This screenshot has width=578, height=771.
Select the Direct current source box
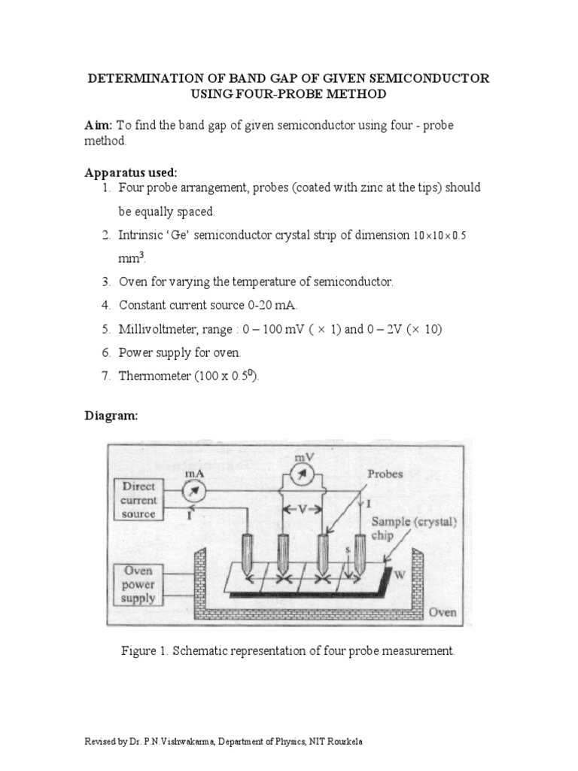pos(138,500)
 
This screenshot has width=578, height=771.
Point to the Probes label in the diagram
pos(385,474)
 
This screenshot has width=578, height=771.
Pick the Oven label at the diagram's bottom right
pos(443,612)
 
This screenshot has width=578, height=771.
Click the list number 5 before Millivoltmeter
pos(106,329)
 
